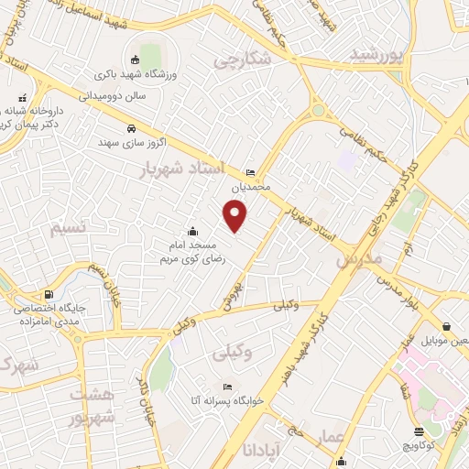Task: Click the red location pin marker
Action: [236, 216]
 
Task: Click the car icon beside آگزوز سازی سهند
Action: [131, 128]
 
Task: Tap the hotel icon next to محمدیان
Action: [251, 173]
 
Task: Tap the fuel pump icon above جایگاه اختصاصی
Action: [22, 294]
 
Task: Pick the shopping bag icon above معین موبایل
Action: [445, 326]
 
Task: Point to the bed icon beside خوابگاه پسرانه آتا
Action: [227, 383]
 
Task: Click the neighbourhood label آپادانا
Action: [261, 450]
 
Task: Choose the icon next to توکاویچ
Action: [419, 431]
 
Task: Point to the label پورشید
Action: [376, 55]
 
